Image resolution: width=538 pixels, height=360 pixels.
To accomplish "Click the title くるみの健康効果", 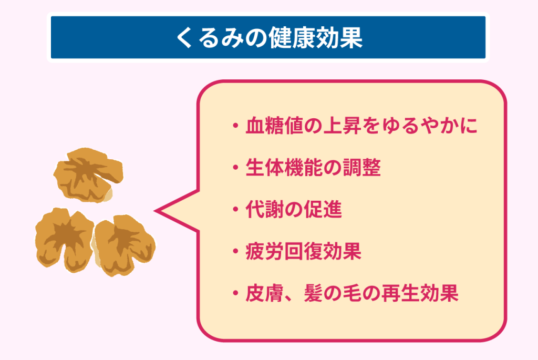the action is click(x=270, y=37).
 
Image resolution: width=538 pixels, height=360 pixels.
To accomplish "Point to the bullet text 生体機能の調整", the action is click(x=313, y=168).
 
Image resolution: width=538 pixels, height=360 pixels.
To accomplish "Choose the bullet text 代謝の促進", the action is click(x=294, y=209).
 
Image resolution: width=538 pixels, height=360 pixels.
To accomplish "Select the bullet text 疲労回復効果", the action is click(x=303, y=251).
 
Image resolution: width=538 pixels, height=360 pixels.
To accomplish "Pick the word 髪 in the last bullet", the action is click(x=313, y=293).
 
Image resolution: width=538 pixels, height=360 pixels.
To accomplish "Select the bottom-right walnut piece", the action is click(x=124, y=245).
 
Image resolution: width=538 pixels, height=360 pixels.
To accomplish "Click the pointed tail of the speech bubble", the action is click(x=155, y=211).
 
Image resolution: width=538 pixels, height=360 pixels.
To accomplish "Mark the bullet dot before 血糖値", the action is click(x=235, y=126).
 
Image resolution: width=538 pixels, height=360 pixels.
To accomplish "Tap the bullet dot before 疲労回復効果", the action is click(x=235, y=252).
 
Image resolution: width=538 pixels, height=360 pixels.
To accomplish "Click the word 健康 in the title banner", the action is click(x=293, y=37).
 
